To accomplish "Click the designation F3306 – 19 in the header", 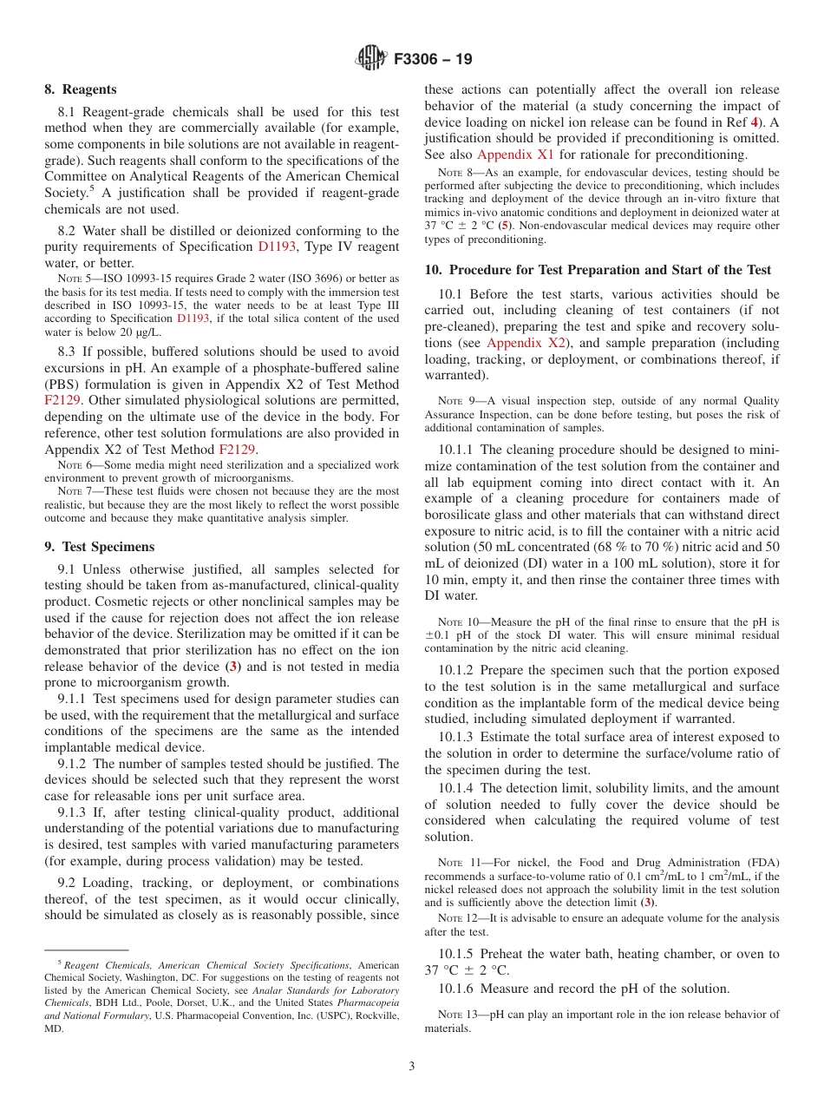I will tap(433, 60).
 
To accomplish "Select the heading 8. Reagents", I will tap(81, 89).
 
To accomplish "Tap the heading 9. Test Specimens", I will tap(100, 547).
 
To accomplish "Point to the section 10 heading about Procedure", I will tap(598, 270).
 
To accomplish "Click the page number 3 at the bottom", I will tap(412, 1067).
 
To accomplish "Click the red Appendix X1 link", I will tap(521, 154).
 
